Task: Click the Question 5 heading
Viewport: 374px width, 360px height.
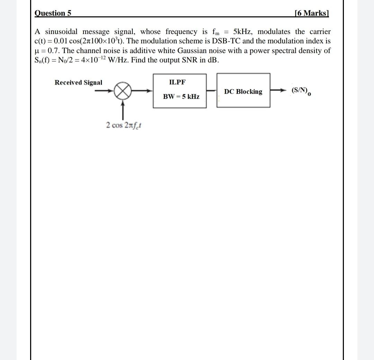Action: [53, 13]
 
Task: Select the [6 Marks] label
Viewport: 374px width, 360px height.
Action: [311, 13]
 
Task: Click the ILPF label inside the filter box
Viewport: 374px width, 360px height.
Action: [177, 82]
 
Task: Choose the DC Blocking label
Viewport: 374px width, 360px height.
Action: [243, 91]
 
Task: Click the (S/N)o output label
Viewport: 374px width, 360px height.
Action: [301, 91]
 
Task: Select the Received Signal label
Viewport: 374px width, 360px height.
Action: [78, 82]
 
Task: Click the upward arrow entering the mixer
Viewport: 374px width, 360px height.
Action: [123, 107]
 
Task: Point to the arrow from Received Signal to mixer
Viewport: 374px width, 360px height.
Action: [105, 91]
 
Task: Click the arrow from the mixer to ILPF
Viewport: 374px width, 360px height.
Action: [142, 91]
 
